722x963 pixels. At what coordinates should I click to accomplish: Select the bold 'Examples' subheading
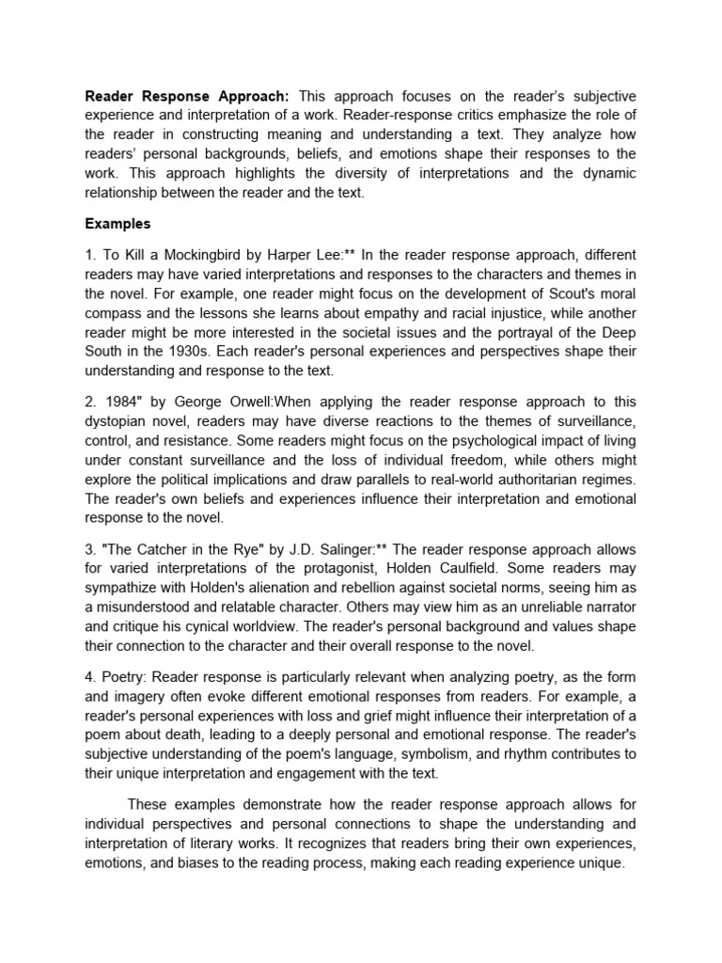(x=118, y=224)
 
